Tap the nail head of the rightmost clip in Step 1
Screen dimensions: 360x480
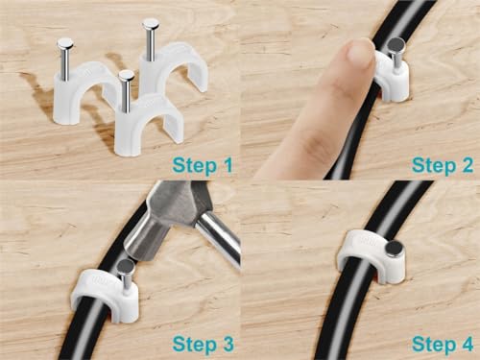pyautogui.click(x=150, y=23)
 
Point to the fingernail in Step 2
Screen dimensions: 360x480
pyautogui.click(x=359, y=53)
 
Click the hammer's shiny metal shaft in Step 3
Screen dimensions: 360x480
pyautogui.click(x=221, y=241)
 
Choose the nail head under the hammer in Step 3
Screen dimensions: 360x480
pyautogui.click(x=126, y=265)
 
